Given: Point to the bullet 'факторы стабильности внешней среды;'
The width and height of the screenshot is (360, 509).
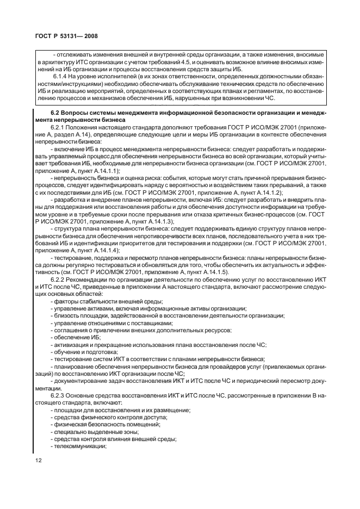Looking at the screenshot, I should pos(106,301).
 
